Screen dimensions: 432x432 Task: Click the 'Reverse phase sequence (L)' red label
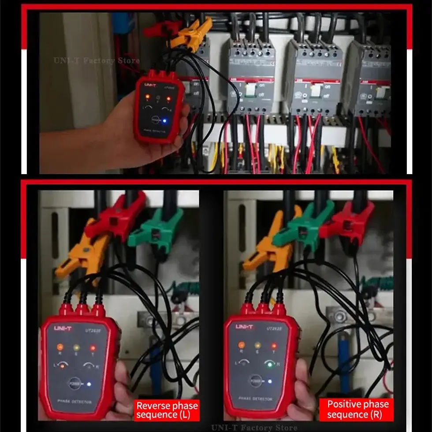point(167,410)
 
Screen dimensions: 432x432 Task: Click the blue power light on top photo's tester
point(164,120)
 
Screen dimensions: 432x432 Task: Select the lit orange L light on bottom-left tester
point(63,365)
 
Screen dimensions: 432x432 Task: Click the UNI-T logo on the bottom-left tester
point(63,328)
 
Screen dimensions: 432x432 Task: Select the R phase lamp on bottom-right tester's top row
point(241,345)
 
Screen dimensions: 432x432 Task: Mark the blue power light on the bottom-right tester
point(269,381)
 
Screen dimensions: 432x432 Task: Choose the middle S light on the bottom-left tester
point(76,347)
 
